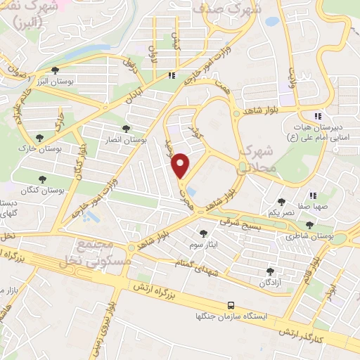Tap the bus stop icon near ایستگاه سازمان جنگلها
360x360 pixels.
point(231,305)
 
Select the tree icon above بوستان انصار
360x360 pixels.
point(126,129)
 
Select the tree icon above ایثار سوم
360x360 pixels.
point(204,233)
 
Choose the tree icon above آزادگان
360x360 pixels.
point(269,271)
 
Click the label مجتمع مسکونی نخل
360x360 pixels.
point(97,251)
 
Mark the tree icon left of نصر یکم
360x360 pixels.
point(281,202)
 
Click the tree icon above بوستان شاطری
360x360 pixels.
point(309,225)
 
